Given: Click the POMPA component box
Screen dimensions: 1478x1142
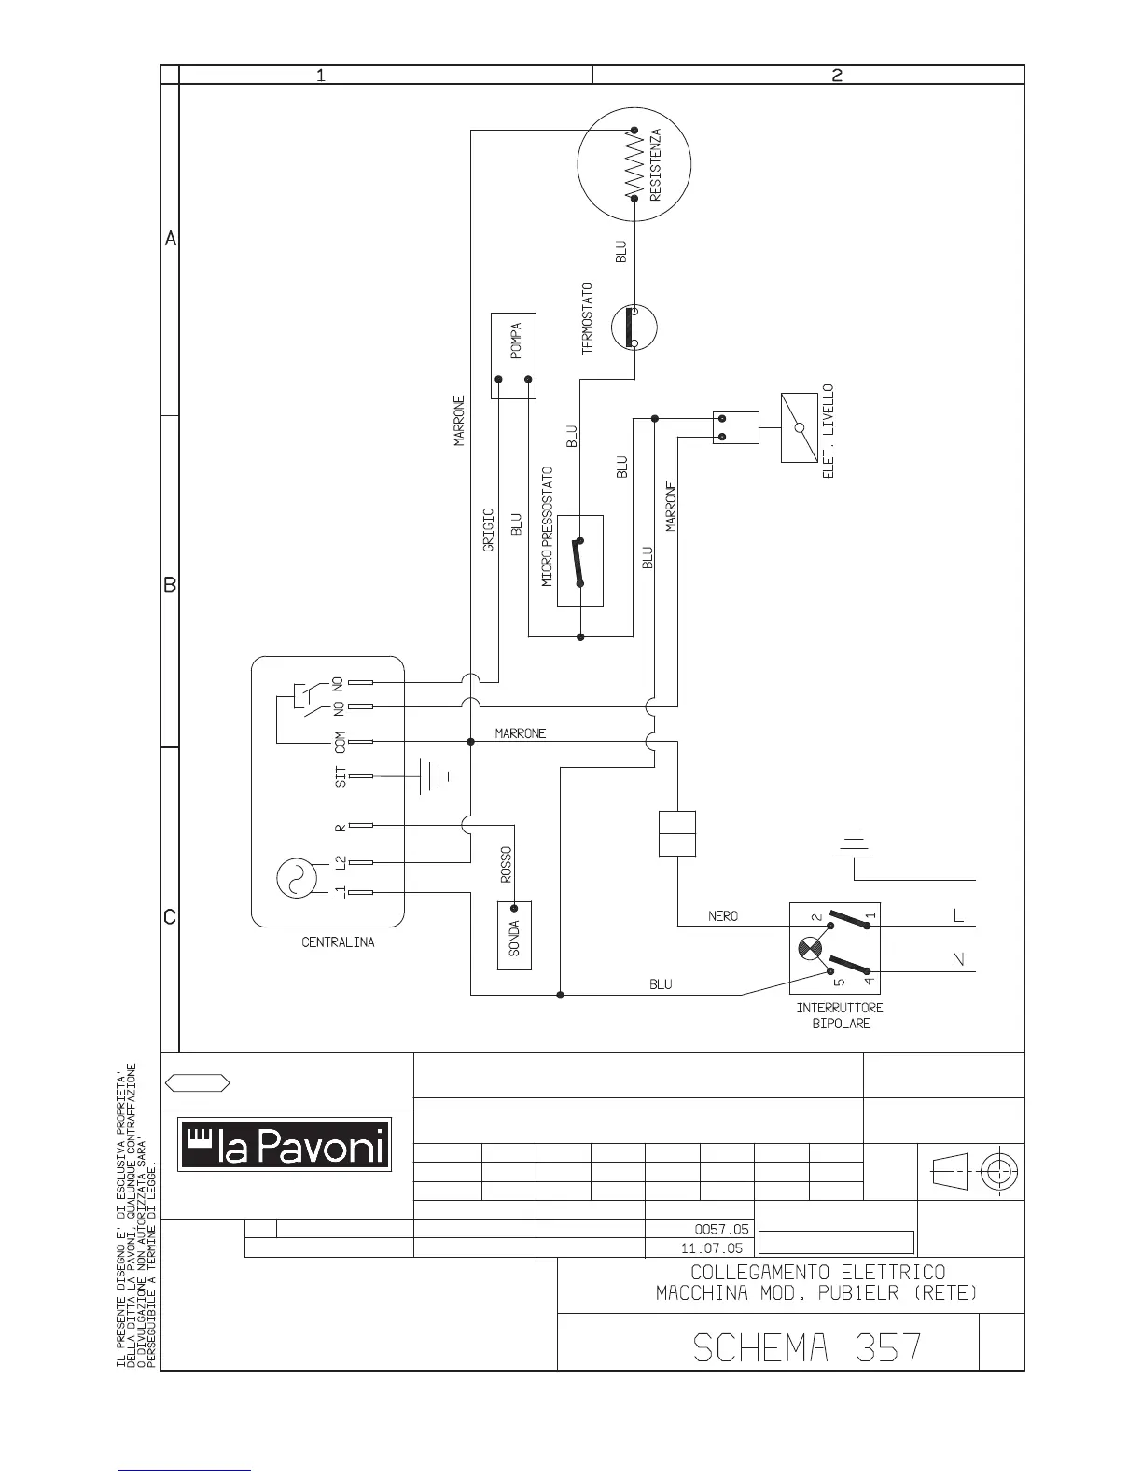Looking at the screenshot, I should click(513, 355).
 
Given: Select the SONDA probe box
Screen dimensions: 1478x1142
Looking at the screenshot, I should click(514, 935).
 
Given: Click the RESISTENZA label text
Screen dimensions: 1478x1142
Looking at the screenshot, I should click(656, 166).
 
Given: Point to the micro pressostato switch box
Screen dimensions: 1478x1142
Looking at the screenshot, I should click(580, 561).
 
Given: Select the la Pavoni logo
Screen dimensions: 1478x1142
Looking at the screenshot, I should click(285, 1143).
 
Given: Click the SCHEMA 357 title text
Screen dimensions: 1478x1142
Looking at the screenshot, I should click(808, 1347).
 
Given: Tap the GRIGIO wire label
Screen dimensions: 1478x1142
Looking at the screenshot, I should click(488, 530).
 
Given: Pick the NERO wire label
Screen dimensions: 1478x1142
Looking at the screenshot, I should click(723, 916).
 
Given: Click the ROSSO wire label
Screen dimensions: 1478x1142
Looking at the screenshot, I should click(506, 865).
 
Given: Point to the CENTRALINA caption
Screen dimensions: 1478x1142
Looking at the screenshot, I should click(338, 942).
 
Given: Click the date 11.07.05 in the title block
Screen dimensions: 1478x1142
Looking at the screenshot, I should click(712, 1248).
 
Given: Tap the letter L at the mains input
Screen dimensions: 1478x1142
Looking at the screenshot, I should click(958, 916).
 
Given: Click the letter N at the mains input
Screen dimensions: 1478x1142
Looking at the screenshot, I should click(958, 960).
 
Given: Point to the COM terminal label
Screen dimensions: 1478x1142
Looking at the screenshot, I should click(341, 743).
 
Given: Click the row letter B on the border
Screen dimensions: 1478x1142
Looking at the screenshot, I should click(170, 585).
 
